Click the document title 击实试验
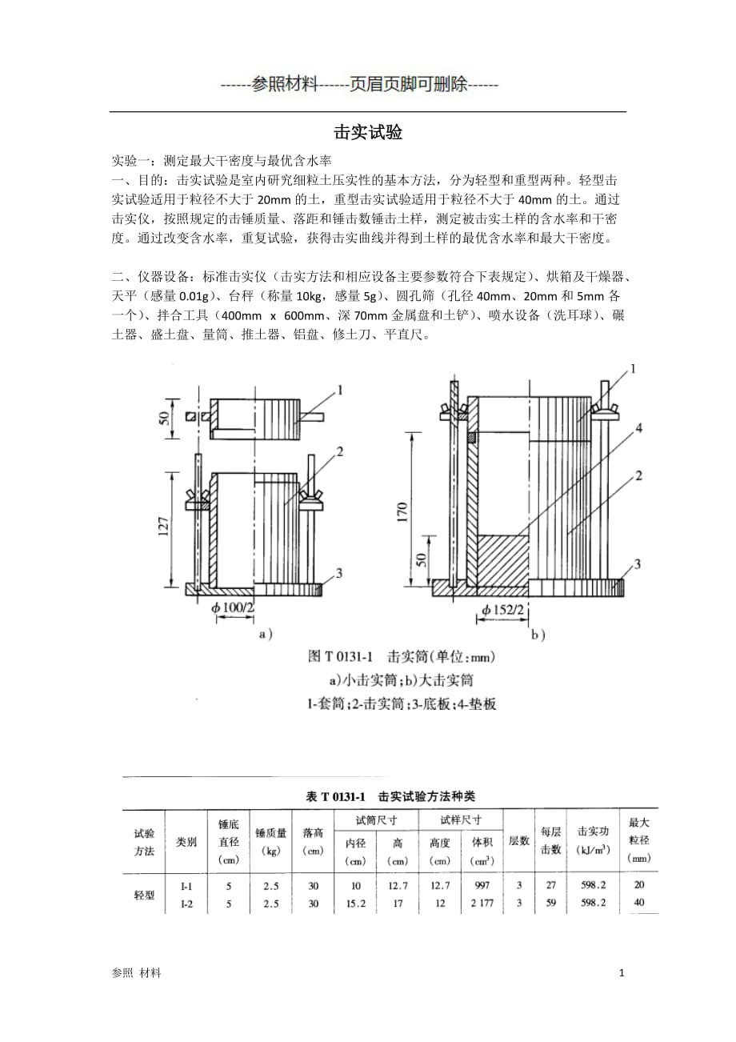tap(367, 133)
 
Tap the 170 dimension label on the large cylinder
tap(402, 510)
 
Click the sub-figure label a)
tap(265, 634)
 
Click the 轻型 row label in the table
tap(144, 895)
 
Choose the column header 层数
tap(518, 840)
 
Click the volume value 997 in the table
tap(482, 885)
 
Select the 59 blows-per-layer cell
tap(550, 904)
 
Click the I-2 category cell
tap(186, 904)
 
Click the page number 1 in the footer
tap(622, 972)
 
